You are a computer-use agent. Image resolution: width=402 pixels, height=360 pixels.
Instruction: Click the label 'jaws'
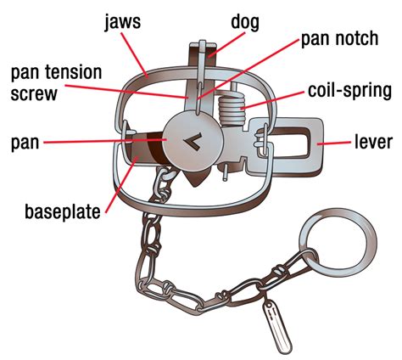(x=122, y=22)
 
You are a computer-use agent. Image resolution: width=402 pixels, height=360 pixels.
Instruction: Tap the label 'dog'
(x=245, y=22)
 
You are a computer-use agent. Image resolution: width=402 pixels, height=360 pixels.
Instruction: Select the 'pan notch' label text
(x=339, y=39)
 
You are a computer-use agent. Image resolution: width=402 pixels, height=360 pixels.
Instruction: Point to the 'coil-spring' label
(x=349, y=91)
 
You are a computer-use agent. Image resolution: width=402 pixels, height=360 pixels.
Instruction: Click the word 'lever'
(x=373, y=142)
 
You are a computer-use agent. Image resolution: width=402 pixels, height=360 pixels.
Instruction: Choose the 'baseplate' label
(x=63, y=211)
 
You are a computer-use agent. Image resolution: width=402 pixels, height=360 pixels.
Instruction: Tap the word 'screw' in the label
(x=34, y=93)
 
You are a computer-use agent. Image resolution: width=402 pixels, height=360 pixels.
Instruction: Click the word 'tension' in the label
(x=72, y=72)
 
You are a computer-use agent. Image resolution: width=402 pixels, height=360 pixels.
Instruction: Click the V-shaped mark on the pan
(x=193, y=141)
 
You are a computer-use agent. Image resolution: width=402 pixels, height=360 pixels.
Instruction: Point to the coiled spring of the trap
(x=232, y=108)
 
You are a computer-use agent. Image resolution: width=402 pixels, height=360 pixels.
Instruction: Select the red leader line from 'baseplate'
(x=121, y=184)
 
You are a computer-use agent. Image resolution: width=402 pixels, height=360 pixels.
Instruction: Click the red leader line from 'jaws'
(x=135, y=55)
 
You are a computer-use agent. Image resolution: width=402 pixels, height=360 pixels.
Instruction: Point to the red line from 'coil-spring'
(x=272, y=100)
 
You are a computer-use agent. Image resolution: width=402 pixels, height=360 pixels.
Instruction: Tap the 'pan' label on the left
(x=25, y=143)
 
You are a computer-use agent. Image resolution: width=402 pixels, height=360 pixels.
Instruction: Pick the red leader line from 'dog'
(x=226, y=45)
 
